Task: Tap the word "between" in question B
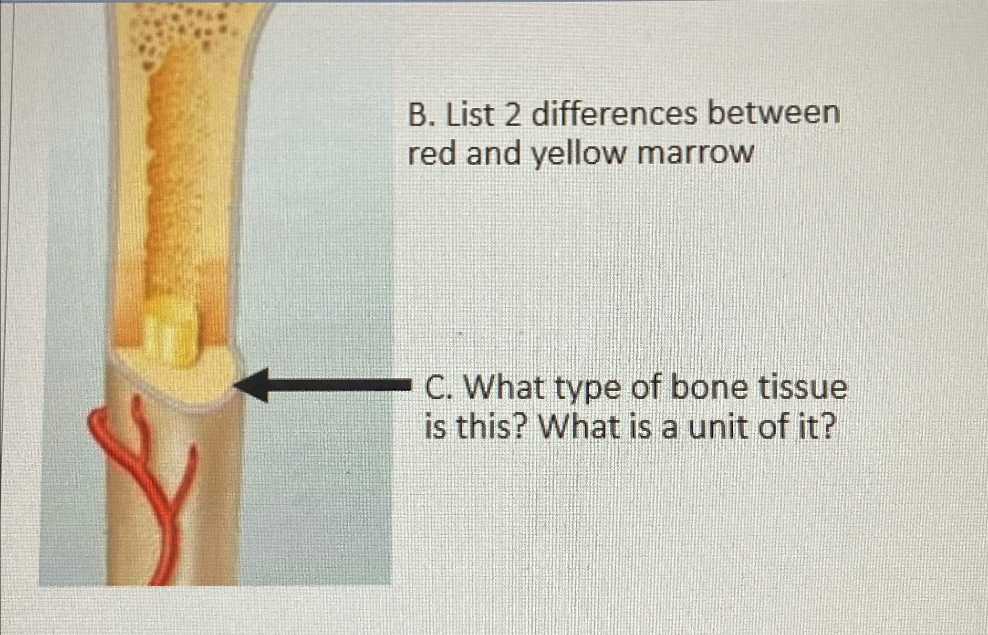(x=774, y=115)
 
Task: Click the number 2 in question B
(x=511, y=116)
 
